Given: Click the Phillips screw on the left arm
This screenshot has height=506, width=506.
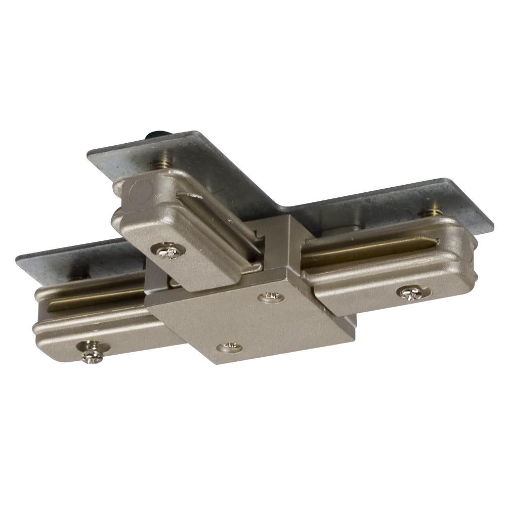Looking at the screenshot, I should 93,352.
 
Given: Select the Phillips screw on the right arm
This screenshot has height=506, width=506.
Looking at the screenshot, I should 410,292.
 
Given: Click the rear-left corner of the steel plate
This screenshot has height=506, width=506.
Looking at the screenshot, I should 88,152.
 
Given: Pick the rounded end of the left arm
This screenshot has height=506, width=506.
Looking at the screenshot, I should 38,324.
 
